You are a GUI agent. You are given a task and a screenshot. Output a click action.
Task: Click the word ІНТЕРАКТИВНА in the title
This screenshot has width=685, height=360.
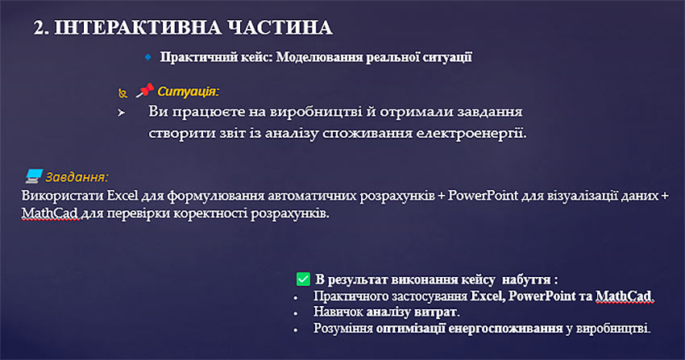click(138, 28)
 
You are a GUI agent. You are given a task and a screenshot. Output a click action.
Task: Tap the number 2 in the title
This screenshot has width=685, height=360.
click(39, 28)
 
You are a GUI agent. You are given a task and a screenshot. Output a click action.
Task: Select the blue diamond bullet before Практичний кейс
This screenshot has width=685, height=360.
click(148, 56)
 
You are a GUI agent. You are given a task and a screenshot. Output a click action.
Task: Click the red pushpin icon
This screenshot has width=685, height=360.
click(144, 90)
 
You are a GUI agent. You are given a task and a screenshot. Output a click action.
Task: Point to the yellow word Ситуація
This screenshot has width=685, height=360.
click(188, 92)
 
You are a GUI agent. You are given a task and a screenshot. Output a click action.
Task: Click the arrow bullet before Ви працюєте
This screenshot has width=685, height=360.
click(121, 113)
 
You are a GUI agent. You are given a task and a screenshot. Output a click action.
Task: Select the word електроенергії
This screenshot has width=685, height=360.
click(471, 133)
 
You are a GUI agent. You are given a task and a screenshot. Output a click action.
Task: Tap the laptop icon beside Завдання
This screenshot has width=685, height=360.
click(34, 176)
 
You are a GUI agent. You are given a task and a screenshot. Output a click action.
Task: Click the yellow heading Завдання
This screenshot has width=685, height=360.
click(77, 176)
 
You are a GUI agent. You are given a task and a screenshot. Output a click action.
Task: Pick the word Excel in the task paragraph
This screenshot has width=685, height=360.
click(122, 196)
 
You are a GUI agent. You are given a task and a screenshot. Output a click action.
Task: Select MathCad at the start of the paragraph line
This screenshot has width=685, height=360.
click(50, 213)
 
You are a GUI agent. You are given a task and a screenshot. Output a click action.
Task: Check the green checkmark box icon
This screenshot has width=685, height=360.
click(303, 279)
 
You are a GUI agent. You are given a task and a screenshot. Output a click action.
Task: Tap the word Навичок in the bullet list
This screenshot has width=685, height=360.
click(338, 312)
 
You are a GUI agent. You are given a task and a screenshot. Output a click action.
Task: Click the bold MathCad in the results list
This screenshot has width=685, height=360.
click(625, 296)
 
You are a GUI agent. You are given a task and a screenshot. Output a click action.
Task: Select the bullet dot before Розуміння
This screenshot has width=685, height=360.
click(296, 330)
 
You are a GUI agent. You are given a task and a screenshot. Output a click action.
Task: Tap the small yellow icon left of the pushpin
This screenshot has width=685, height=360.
click(122, 93)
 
